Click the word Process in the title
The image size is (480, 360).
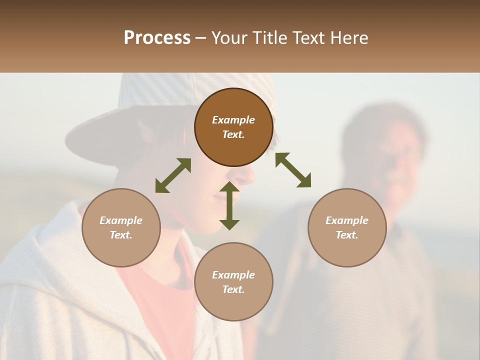[157, 38]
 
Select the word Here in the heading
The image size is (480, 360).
[349, 38]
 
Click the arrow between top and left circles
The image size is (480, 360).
[173, 175]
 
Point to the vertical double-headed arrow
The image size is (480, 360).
[229, 206]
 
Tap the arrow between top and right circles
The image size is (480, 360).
[293, 170]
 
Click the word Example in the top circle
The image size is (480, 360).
[233, 120]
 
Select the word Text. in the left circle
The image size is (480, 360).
[121, 235]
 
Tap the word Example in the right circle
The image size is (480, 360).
[347, 220]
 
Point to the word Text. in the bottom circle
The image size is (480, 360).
[233, 289]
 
